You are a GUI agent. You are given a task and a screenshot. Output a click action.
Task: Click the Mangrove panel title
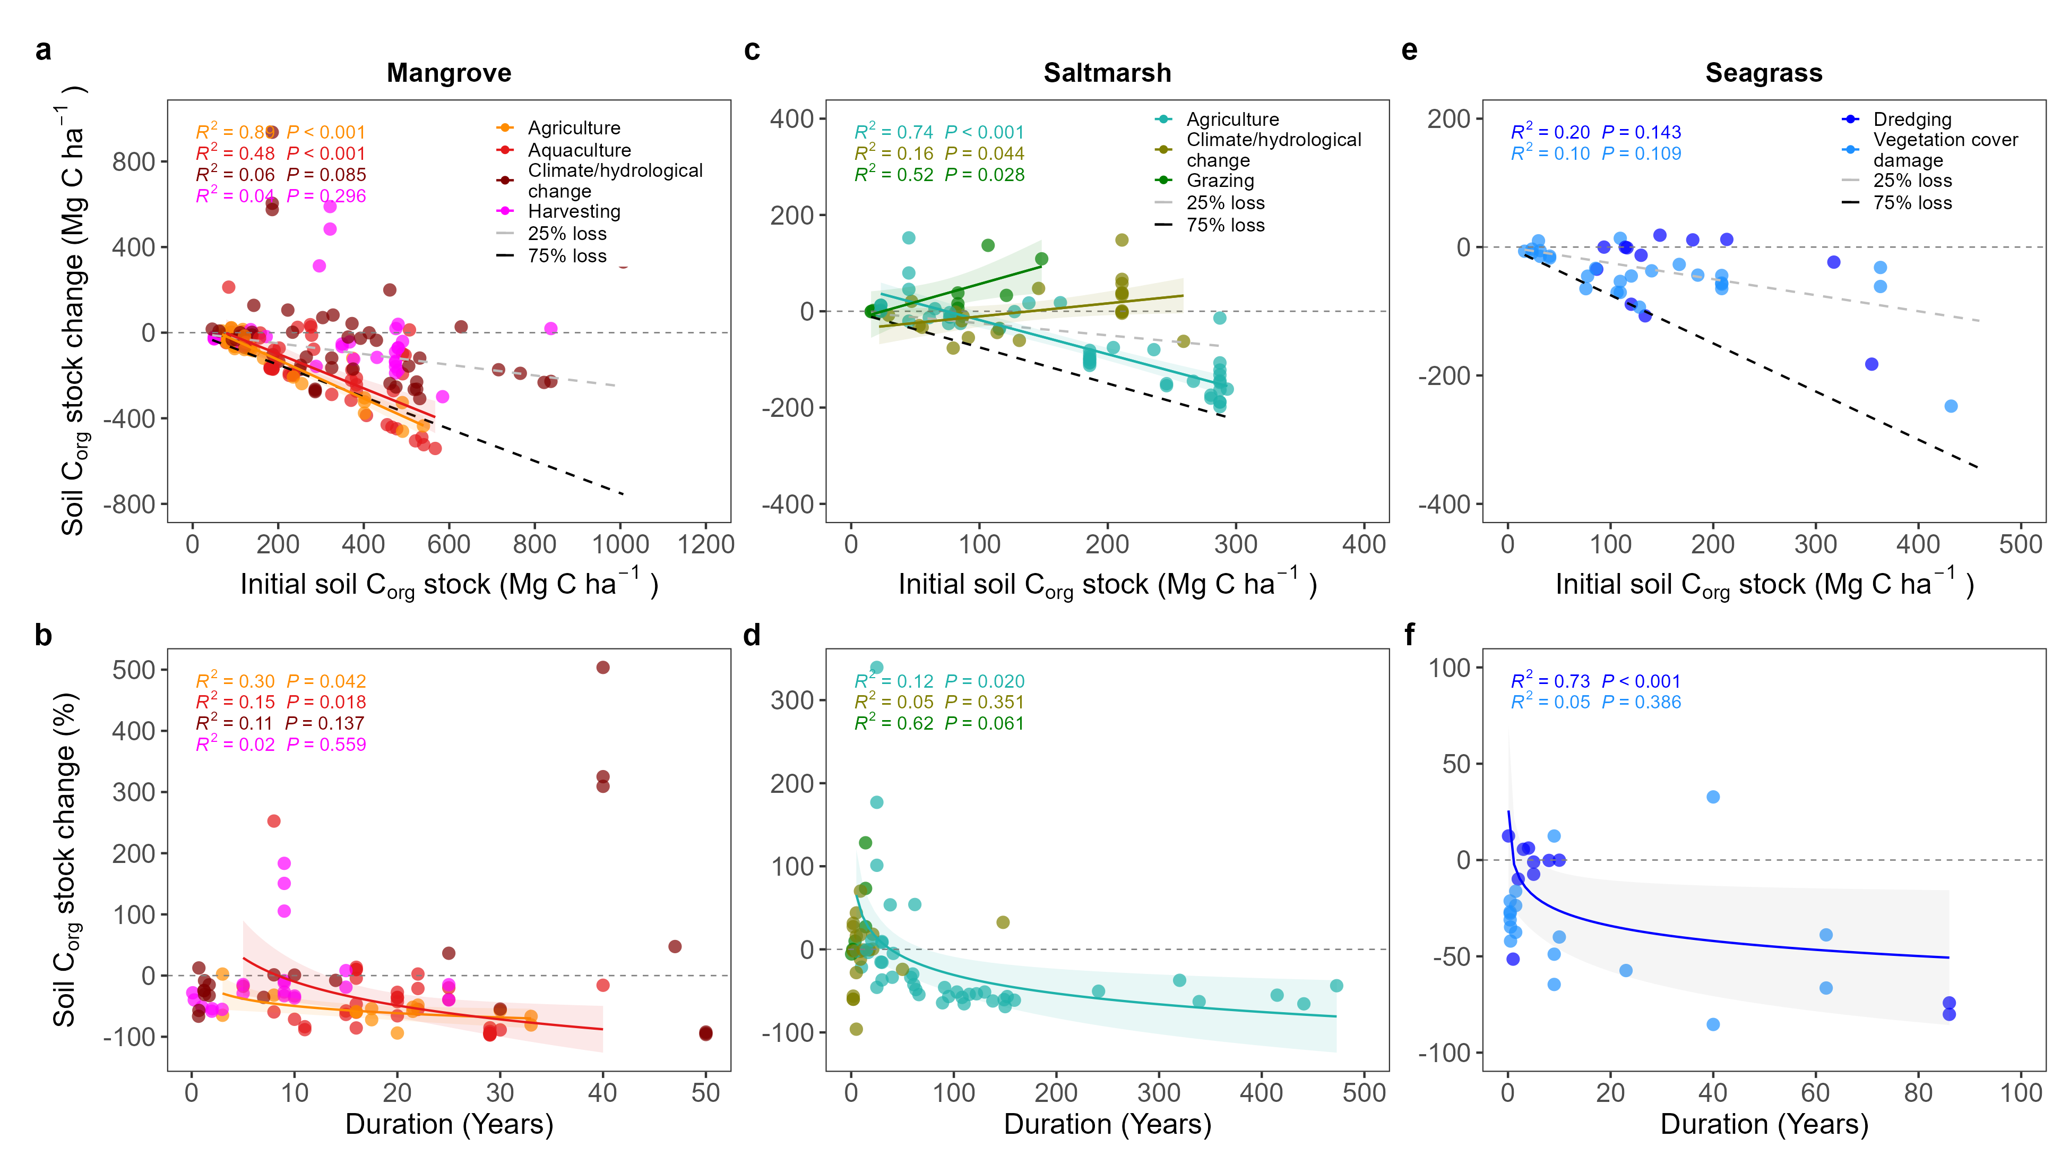point(448,73)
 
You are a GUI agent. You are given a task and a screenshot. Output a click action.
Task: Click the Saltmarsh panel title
point(1107,73)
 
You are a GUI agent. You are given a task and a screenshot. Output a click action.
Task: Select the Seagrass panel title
point(1763,73)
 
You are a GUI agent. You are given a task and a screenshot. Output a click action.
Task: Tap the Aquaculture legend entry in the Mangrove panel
point(579,150)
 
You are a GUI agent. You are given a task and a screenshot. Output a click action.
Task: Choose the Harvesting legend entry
point(574,211)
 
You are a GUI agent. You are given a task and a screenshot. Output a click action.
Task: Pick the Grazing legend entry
point(1220,181)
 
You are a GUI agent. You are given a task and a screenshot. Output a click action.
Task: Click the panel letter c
point(752,50)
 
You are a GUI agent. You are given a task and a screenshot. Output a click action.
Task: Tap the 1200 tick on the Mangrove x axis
point(705,545)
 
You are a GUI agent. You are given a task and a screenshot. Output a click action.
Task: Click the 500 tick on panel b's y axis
point(134,670)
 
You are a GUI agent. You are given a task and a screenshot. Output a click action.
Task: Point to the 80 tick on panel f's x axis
point(1918,1093)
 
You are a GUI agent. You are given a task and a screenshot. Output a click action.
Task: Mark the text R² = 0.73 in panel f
point(1550,681)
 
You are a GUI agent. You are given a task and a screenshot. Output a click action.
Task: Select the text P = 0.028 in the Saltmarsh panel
point(985,174)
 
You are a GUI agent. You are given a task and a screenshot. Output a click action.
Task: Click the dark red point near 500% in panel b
point(602,667)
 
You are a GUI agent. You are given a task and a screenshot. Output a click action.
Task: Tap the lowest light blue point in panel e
point(1950,406)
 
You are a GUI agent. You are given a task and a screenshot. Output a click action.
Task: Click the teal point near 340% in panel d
point(877,667)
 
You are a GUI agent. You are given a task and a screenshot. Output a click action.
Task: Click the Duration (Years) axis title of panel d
point(1107,1124)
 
